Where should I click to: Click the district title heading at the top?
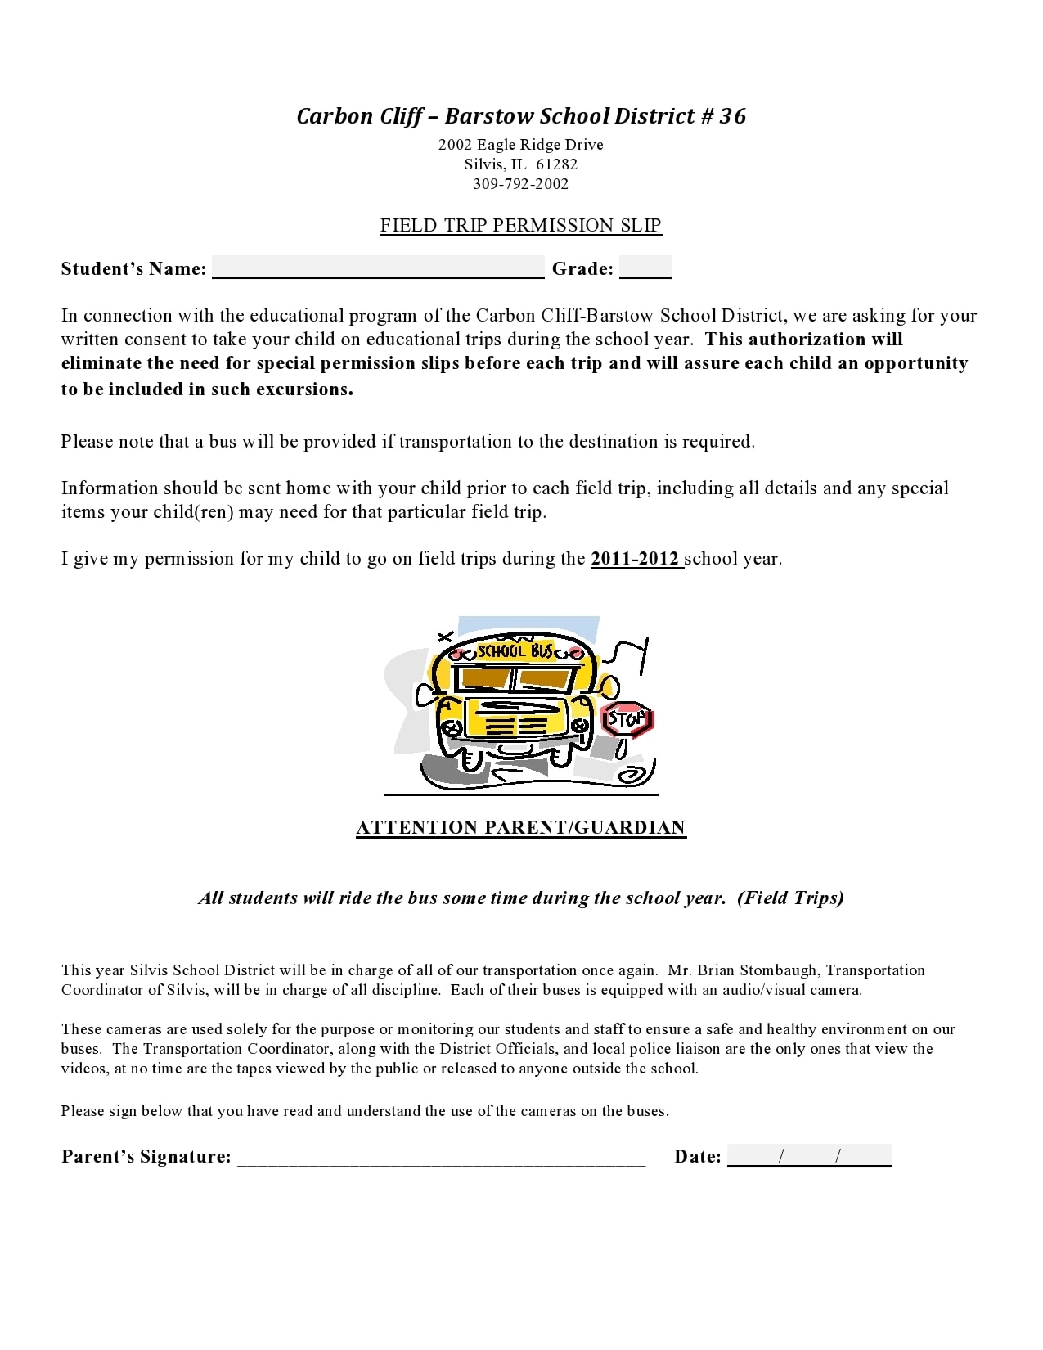[521, 116]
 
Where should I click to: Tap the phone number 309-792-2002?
[521, 184]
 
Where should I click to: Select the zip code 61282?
[556, 164]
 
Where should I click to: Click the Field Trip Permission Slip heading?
[521, 226]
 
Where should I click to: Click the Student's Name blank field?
[378, 268]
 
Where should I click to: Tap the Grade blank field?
[645, 268]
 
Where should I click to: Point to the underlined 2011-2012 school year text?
[636, 559]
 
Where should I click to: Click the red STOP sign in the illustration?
[627, 720]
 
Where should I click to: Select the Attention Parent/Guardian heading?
[521, 828]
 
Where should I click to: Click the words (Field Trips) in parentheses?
[790, 898]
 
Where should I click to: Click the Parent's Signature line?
[442, 1157]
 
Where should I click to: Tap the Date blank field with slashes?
[809, 1156]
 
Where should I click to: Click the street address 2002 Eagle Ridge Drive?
[521, 145]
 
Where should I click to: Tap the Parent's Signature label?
[146, 1157]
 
